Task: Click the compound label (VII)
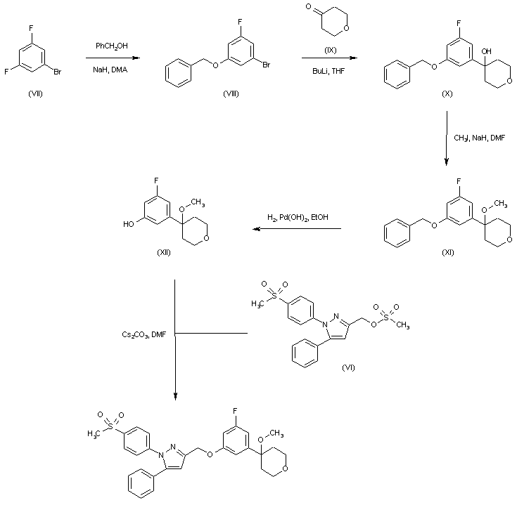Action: tap(34, 94)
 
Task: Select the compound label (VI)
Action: tap(349, 367)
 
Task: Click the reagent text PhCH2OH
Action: tap(110, 47)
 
